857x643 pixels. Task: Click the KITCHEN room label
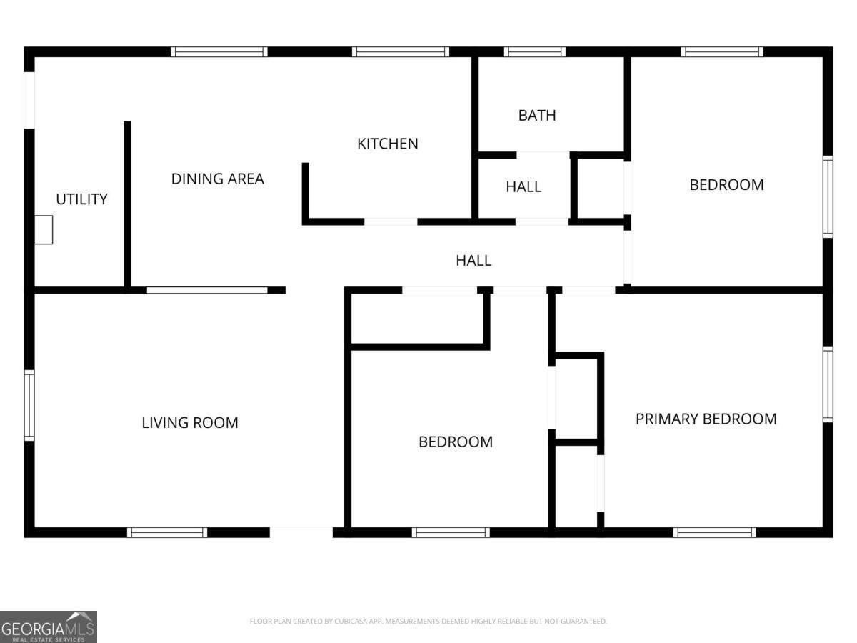pyautogui.click(x=387, y=144)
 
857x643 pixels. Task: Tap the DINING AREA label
pyautogui.click(x=218, y=179)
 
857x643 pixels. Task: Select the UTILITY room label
pyautogui.click(x=81, y=199)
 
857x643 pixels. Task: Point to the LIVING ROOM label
pyautogui.click(x=190, y=423)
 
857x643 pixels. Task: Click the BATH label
pyautogui.click(x=537, y=116)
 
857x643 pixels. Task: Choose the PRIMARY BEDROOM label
pyautogui.click(x=706, y=419)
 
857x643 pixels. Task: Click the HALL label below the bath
pyautogui.click(x=523, y=187)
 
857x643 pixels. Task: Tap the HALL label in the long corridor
pyautogui.click(x=473, y=260)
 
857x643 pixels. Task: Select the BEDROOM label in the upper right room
pyautogui.click(x=726, y=185)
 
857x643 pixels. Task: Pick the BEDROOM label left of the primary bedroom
pyautogui.click(x=456, y=442)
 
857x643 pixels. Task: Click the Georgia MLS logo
pyautogui.click(x=49, y=627)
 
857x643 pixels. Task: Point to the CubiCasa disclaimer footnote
pyautogui.click(x=428, y=621)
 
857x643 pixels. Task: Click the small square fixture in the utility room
pyautogui.click(x=44, y=230)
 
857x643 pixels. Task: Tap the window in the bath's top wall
pyautogui.click(x=534, y=52)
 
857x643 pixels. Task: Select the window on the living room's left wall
pyautogui.click(x=29, y=405)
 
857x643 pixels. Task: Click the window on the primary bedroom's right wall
pyautogui.click(x=828, y=384)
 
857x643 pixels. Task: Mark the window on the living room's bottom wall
pyautogui.click(x=167, y=532)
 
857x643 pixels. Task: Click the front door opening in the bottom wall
pyautogui.click(x=301, y=532)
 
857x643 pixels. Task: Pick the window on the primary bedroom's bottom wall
pyautogui.click(x=714, y=532)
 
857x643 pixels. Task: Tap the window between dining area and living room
pyautogui.click(x=207, y=290)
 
